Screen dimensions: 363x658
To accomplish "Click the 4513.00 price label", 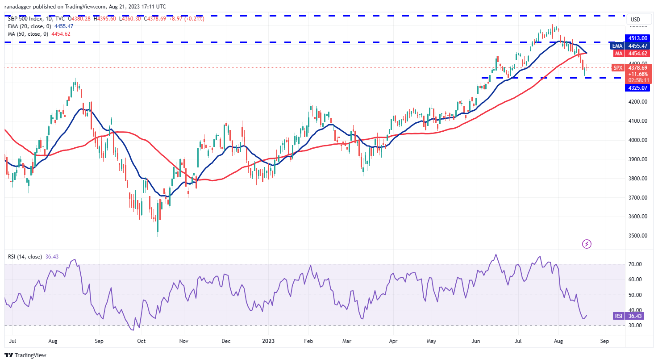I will [637, 38].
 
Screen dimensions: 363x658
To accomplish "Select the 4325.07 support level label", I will [637, 88].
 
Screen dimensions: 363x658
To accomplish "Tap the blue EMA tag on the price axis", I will [617, 46].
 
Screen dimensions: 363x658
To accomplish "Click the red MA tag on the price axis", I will [618, 54].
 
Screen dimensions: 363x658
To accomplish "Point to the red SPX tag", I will [618, 68].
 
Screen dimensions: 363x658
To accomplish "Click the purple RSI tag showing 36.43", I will [618, 316].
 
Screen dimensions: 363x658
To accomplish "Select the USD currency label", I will [635, 20].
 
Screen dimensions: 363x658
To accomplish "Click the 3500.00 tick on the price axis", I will [637, 236].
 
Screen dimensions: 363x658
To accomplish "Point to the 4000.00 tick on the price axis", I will [637, 140].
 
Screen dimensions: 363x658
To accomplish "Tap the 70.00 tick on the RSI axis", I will [635, 264].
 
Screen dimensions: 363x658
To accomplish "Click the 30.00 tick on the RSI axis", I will [635, 325].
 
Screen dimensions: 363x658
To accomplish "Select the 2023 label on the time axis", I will [268, 341].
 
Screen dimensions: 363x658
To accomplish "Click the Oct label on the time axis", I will [141, 341].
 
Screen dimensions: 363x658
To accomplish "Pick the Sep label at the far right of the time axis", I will [604, 341].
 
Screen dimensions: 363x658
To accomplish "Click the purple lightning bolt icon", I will [587, 244].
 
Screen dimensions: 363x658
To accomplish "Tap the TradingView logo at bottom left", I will [25, 355].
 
